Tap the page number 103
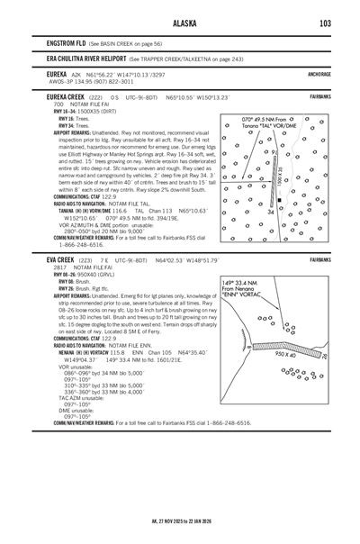pos(324,23)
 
